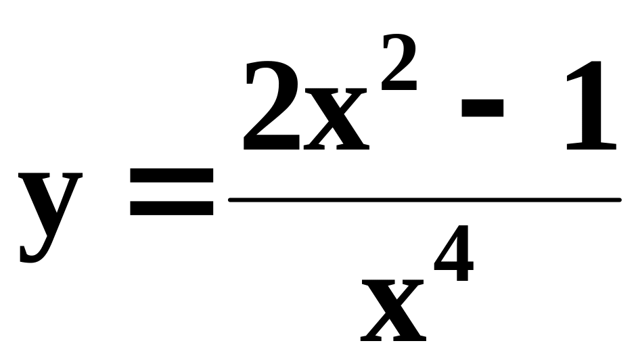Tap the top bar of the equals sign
coord(171,178)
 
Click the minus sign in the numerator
coord(482,108)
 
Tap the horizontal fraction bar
coord(424,200)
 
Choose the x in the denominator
coord(393,312)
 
